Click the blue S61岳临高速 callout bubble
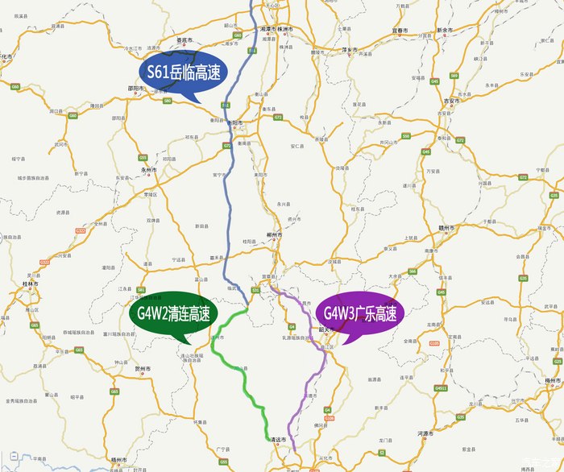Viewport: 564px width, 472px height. [x=185, y=73]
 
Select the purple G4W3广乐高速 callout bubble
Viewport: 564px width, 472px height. [x=360, y=313]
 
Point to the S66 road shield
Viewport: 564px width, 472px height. [x=413, y=271]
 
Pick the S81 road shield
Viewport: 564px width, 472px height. [x=140, y=290]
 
